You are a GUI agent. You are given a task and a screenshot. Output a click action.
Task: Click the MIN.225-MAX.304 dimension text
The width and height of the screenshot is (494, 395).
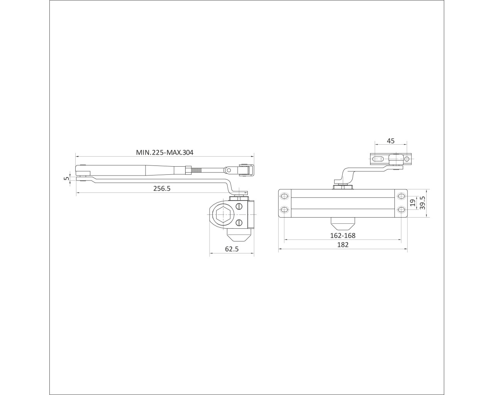click(x=164, y=152)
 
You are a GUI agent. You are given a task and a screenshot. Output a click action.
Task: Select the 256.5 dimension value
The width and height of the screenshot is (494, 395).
click(x=162, y=188)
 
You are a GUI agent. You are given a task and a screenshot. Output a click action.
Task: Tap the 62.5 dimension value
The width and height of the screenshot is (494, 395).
click(x=232, y=249)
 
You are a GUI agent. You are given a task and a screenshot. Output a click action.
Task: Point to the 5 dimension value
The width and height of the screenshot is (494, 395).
click(x=66, y=178)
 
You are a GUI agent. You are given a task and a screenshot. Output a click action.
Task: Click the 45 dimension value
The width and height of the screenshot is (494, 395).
click(x=391, y=141)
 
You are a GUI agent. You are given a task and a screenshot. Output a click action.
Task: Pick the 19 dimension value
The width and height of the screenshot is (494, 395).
click(x=413, y=203)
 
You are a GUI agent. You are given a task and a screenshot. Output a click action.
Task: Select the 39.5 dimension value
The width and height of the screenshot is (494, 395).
click(x=422, y=203)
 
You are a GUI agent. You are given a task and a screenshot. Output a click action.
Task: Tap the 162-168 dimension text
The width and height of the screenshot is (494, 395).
click(x=343, y=235)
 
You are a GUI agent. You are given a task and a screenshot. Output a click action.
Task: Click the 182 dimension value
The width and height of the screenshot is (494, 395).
click(x=343, y=245)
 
